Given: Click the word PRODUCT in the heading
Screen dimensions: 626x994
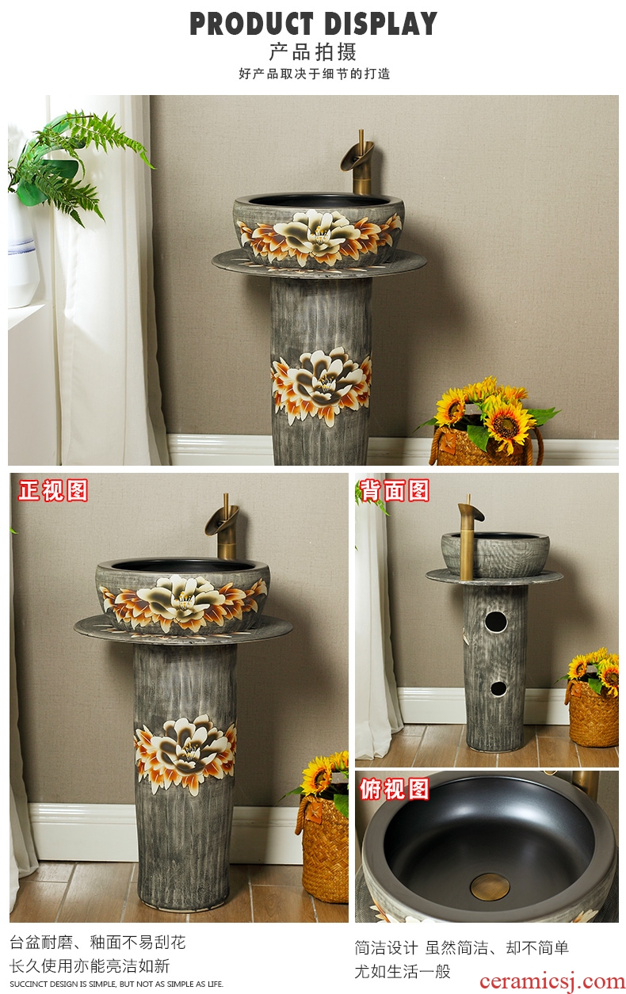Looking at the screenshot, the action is tap(251, 24).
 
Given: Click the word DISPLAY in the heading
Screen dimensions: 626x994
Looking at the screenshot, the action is tap(380, 24).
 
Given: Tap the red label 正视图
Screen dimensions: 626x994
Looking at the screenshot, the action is tap(53, 490).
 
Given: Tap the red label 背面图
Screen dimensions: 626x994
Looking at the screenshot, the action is tap(395, 490).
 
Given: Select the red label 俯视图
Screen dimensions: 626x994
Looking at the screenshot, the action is tap(395, 789).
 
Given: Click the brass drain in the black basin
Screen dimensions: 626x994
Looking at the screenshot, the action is tap(490, 886).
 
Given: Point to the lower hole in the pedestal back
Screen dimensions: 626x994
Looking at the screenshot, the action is tap(498, 688).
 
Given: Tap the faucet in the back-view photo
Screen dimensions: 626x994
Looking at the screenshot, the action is tap(469, 537).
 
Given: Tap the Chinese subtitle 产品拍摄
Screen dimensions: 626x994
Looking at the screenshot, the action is tap(313, 52).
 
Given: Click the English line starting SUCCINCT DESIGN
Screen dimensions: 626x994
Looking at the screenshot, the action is tap(116, 984).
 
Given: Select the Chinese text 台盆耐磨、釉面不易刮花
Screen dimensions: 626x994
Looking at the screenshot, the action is tap(97, 942).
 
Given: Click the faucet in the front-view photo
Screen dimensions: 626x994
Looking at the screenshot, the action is tap(223, 527).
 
